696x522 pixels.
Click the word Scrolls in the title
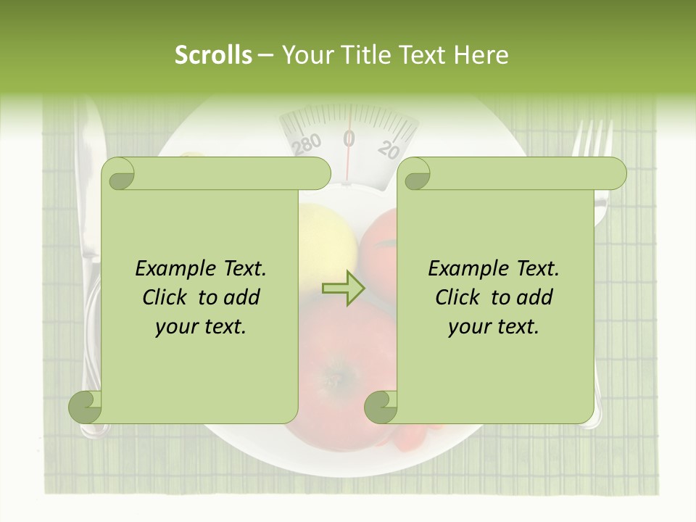click(213, 54)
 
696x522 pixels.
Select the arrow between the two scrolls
click(343, 289)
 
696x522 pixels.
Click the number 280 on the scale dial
click(307, 145)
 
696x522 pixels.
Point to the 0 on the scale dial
click(349, 137)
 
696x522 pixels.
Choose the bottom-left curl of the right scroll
click(381, 407)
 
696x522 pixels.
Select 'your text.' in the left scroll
click(201, 327)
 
